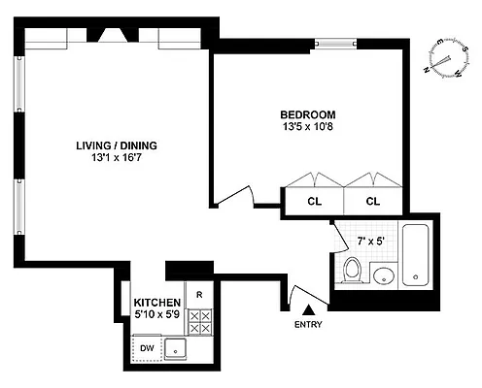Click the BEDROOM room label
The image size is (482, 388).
coord(307,112)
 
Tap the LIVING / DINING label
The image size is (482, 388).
coord(117,146)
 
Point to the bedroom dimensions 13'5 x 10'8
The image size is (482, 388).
coord(307,125)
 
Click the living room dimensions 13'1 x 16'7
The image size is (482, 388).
coord(117,160)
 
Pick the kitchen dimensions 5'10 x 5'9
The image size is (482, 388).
coord(157,316)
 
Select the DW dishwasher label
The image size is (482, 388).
coord(147,346)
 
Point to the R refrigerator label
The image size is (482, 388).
coord(199,295)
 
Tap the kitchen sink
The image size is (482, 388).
coord(176,348)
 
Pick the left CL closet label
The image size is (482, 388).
coord(313,201)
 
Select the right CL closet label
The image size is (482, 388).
coord(374,201)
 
